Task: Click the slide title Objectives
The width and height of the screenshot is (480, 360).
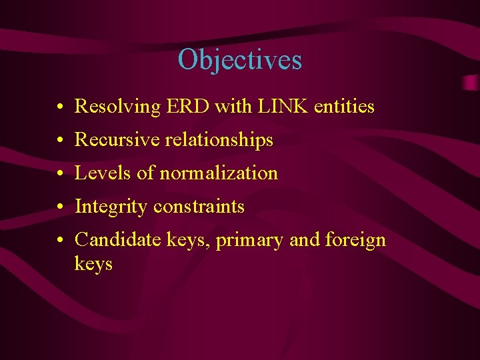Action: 239,60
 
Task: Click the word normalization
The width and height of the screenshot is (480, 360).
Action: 218,173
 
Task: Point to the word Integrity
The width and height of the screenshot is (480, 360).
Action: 111,207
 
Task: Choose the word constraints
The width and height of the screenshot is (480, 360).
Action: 199,207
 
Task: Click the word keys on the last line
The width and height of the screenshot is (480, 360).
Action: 93,264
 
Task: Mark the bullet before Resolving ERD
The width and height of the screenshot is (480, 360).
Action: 60,107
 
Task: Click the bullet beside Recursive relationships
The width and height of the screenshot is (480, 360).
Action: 60,141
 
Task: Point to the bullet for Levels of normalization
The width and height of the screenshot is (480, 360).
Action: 60,174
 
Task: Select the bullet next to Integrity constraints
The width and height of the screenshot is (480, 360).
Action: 60,207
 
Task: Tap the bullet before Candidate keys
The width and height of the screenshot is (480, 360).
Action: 60,241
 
